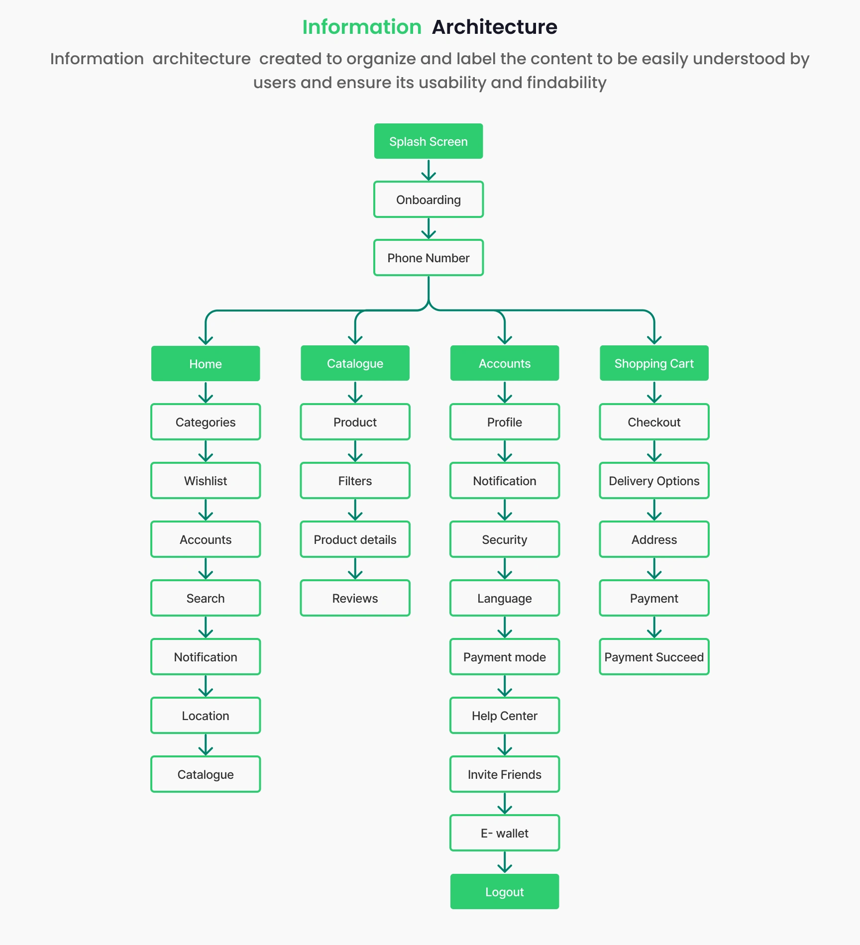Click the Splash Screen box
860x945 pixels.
tap(429, 141)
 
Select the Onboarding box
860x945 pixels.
tap(429, 200)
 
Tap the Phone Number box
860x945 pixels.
tap(429, 258)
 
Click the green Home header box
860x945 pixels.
tap(206, 364)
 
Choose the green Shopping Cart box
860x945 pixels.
tap(654, 363)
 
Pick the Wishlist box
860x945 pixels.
tap(206, 481)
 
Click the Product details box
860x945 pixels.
tap(355, 539)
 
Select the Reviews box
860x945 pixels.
tap(355, 598)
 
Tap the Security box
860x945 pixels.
tap(505, 539)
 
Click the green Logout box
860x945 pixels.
tap(505, 892)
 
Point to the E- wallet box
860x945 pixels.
tap(505, 833)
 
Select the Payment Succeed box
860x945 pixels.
tap(654, 657)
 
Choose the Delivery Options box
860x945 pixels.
tap(654, 481)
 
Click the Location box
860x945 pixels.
tap(206, 716)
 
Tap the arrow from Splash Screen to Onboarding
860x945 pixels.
tap(429, 170)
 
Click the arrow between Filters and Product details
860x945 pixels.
tap(355, 510)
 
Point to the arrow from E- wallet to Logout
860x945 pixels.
tap(505, 862)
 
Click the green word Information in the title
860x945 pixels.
tap(362, 27)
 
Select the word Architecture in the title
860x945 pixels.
tap(495, 27)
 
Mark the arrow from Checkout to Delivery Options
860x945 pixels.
tap(654, 451)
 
